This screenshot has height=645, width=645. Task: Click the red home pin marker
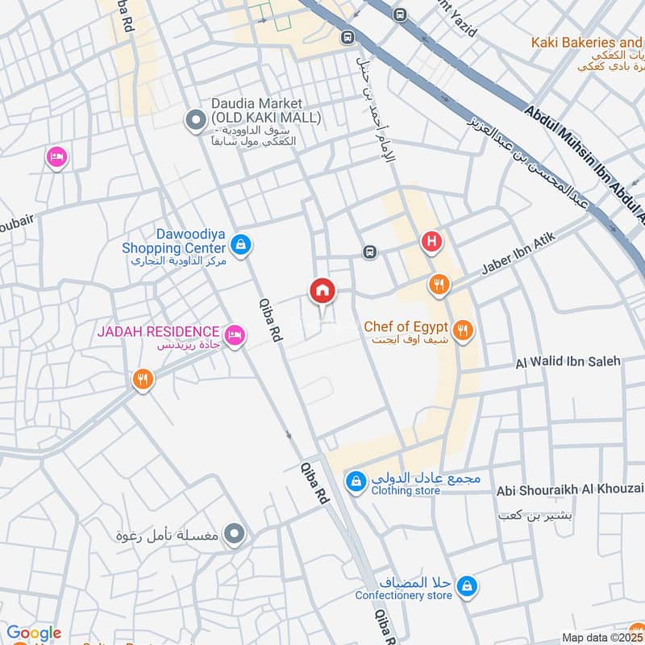pyautogui.click(x=322, y=291)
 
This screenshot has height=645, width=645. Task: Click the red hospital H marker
pyautogui.click(x=431, y=241)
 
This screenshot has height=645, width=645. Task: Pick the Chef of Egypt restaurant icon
pyautogui.click(x=463, y=329)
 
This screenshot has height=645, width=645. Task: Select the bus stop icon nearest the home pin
pyautogui.click(x=369, y=252)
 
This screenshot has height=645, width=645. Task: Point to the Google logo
pyautogui.click(x=34, y=633)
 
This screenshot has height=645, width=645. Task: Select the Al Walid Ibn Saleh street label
pyautogui.click(x=568, y=362)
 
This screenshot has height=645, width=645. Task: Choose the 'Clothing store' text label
pyautogui.click(x=406, y=490)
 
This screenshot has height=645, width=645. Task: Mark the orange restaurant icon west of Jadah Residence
pyautogui.click(x=143, y=378)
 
